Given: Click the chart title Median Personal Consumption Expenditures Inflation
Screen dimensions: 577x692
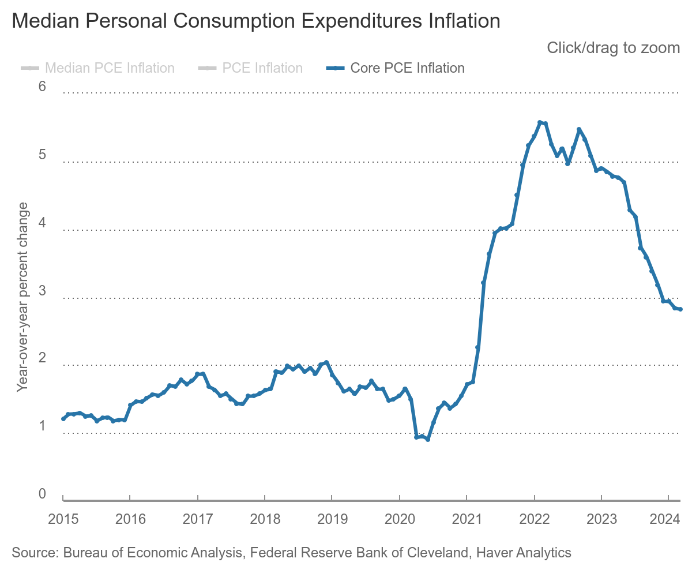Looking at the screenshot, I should pos(255,21).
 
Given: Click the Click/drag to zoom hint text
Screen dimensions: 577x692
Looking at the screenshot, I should pos(613,47).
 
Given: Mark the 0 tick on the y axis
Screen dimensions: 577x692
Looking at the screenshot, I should pos(43,494).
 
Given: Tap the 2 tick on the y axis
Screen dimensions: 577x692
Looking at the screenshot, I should pos(43,358).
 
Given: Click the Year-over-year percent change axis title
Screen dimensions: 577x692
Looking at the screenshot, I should pos(22,297).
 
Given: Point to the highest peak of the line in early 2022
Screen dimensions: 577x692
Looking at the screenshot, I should pos(540,122).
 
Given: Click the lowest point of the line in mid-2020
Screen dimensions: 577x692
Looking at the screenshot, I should pos(428,440).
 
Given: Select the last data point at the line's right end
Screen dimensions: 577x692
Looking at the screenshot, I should pos(680,309).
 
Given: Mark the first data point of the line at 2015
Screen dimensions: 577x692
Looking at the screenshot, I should pos(63,419).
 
